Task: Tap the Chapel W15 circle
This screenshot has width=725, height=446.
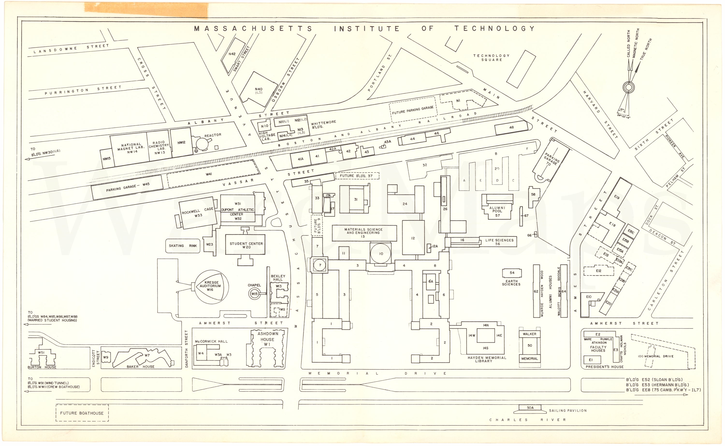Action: pyautogui.click(x=254, y=294)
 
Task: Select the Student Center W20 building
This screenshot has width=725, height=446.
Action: pyautogui.click(x=246, y=245)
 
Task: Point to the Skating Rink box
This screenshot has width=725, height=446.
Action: pyautogui.click(x=182, y=246)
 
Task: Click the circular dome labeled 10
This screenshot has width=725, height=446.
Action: pyautogui.click(x=381, y=253)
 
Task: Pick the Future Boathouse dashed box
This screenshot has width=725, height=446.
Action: pyautogui.click(x=82, y=413)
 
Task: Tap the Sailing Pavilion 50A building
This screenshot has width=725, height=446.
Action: pyautogui.click(x=530, y=408)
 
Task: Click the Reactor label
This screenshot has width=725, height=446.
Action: pyautogui.click(x=213, y=135)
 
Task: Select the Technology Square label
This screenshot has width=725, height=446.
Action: pyautogui.click(x=491, y=58)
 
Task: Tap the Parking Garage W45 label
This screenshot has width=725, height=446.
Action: pyautogui.click(x=128, y=187)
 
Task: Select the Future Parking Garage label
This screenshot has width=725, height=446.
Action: pyautogui.click(x=413, y=110)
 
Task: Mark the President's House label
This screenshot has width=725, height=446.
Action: pyautogui.click(x=604, y=367)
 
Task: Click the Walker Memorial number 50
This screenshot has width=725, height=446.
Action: pyautogui.click(x=530, y=345)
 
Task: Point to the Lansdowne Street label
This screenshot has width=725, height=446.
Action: pyautogui.click(x=71, y=49)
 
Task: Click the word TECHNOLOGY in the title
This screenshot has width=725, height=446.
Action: pyautogui.click(x=494, y=29)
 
